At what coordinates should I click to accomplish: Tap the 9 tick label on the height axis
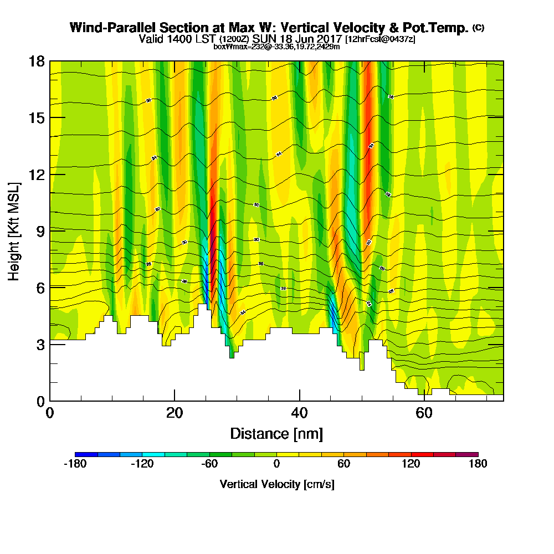[x=40, y=231]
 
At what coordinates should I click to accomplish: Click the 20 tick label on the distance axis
[x=175, y=413]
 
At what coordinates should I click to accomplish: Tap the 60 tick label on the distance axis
[x=424, y=413]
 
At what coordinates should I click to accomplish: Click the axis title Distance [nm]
[x=276, y=433]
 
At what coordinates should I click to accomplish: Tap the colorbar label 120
[x=411, y=464]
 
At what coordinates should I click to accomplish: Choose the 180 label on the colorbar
[x=478, y=464]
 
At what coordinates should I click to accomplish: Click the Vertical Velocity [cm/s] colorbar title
[x=276, y=484]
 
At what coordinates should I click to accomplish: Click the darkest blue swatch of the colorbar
[x=86, y=454]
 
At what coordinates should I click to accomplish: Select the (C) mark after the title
[x=478, y=28]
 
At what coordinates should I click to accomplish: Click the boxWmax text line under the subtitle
[x=276, y=47]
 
